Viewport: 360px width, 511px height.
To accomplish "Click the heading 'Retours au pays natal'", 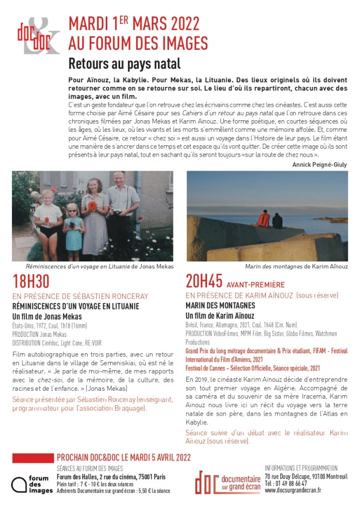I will coord(124,64).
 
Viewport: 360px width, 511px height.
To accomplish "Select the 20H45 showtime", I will coord(204,282).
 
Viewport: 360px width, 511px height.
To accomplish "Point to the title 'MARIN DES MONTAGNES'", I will coord(220,305).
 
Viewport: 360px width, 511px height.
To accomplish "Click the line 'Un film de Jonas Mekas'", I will coord(46,316).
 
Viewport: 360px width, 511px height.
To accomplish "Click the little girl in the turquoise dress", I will coord(74,227).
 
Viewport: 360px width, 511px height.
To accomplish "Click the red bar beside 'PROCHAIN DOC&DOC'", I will coord(32,458).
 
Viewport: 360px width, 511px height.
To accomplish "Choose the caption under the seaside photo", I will coord(296,266).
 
